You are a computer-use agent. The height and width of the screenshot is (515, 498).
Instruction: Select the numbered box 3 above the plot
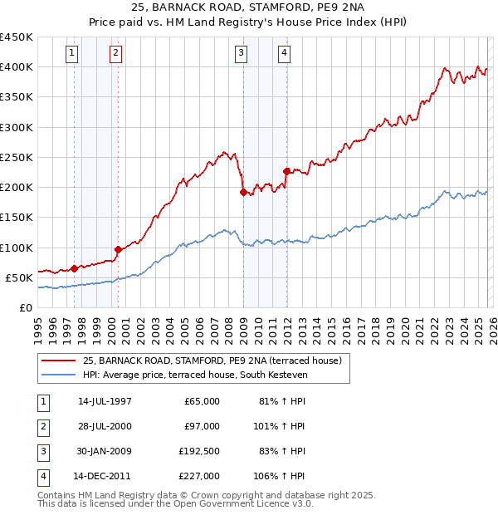point(241,54)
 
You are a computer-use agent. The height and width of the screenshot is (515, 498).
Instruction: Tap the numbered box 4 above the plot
point(284,54)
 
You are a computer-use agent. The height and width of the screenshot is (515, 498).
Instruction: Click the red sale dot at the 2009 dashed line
point(243,192)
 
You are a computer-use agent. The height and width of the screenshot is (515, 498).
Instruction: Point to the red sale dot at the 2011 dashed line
point(286,171)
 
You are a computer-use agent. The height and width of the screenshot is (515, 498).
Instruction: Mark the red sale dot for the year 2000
point(118,249)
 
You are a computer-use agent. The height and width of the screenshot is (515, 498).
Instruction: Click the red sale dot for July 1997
point(74,268)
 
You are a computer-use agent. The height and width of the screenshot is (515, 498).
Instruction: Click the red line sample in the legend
point(59,361)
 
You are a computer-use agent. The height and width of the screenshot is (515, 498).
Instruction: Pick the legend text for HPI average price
point(195,375)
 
